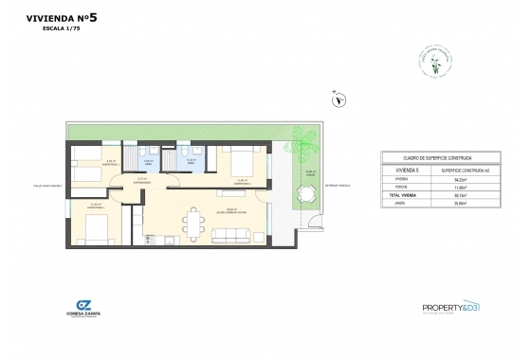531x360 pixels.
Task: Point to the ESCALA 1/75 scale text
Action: point(59,29)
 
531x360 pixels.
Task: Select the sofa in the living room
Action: point(228,237)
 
